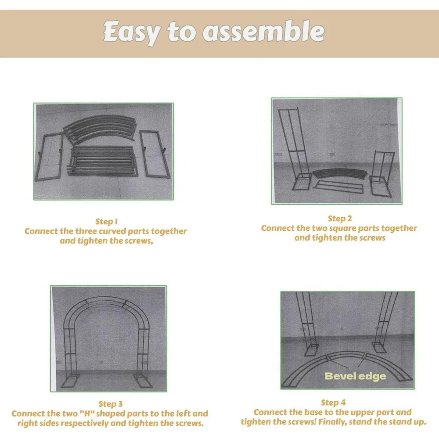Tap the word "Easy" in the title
[132, 32]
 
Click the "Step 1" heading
[107, 222]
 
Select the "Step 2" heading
[340, 219]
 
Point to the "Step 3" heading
[111, 404]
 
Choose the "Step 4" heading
[333, 403]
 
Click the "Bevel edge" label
[355, 376]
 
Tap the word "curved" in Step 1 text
[113, 231]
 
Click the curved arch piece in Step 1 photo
[100, 129]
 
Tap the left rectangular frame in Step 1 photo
[49, 157]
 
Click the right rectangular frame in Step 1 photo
[153, 154]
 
